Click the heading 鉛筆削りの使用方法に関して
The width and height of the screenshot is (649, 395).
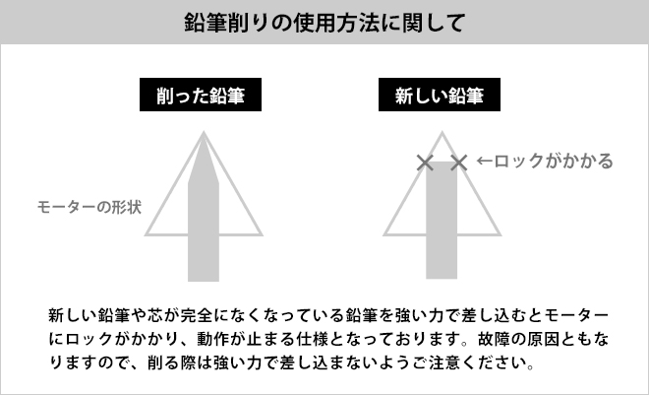(x=324, y=22)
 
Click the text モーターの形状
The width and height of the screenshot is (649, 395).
(x=89, y=208)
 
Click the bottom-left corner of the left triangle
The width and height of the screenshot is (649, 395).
(x=147, y=234)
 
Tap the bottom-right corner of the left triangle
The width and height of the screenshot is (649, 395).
(x=262, y=234)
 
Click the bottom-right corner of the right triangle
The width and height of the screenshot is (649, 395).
(x=499, y=234)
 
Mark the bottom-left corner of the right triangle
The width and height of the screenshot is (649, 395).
(x=384, y=234)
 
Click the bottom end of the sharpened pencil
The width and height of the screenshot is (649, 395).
(x=204, y=279)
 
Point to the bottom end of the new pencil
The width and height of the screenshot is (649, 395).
(x=441, y=279)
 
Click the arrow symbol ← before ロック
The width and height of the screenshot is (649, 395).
(x=484, y=161)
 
